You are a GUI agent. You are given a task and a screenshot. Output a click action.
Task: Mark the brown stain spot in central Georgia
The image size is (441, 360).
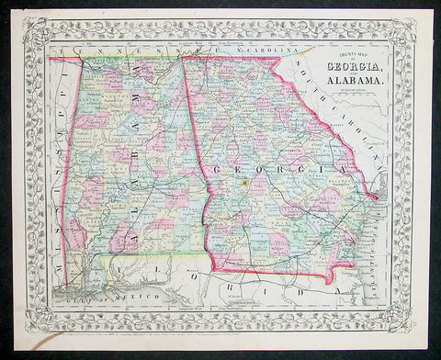pyautogui.click(x=245, y=183)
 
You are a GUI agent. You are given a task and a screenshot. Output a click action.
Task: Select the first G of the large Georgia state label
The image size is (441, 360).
pyautogui.click(x=219, y=171)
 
